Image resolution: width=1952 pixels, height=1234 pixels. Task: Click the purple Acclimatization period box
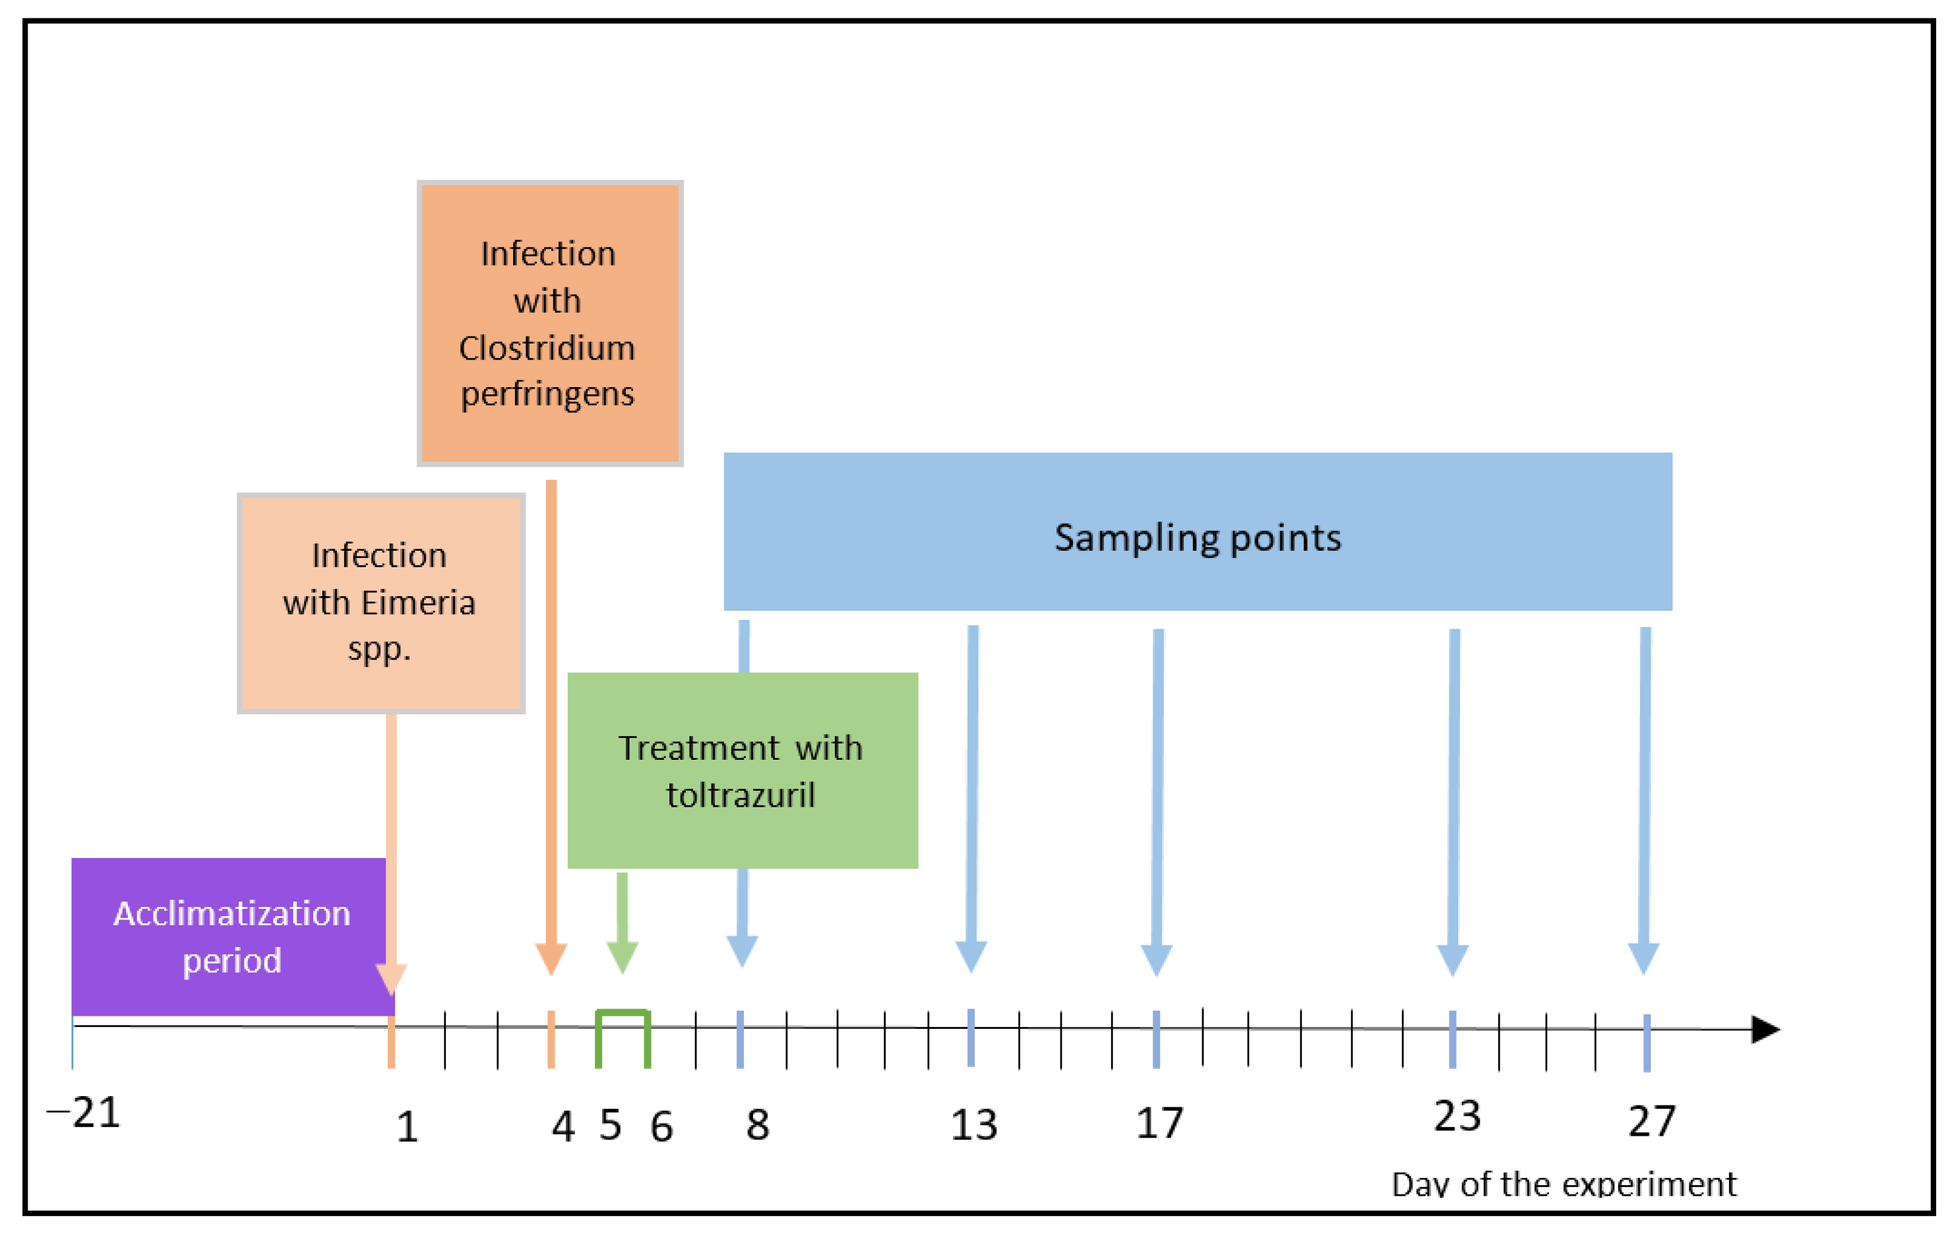click(x=231, y=937)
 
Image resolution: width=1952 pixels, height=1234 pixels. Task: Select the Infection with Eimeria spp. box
click(x=381, y=602)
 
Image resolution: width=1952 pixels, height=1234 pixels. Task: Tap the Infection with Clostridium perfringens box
click(x=549, y=323)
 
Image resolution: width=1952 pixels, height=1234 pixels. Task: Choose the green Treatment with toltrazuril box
click(x=742, y=770)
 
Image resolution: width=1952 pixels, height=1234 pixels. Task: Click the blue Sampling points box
click(x=1198, y=531)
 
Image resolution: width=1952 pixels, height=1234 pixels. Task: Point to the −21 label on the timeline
click(x=84, y=1113)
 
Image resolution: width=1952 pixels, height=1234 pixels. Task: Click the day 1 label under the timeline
click(x=407, y=1127)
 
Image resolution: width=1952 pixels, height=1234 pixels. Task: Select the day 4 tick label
click(x=563, y=1126)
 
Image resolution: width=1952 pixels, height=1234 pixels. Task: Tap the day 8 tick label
click(x=757, y=1125)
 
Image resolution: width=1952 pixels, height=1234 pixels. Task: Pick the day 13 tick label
click(x=973, y=1125)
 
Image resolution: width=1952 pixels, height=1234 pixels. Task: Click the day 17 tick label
click(x=1159, y=1123)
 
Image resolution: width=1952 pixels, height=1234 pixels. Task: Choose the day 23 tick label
click(x=1457, y=1117)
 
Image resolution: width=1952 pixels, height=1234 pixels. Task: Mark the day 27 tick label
click(x=1651, y=1121)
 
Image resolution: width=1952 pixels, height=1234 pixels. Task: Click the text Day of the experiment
click(x=1564, y=1185)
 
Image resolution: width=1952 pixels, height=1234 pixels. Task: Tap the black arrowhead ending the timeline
click(x=1765, y=1030)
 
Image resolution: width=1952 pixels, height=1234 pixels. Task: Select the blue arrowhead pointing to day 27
click(x=1644, y=958)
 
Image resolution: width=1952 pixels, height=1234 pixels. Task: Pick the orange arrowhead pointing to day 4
click(x=551, y=958)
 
